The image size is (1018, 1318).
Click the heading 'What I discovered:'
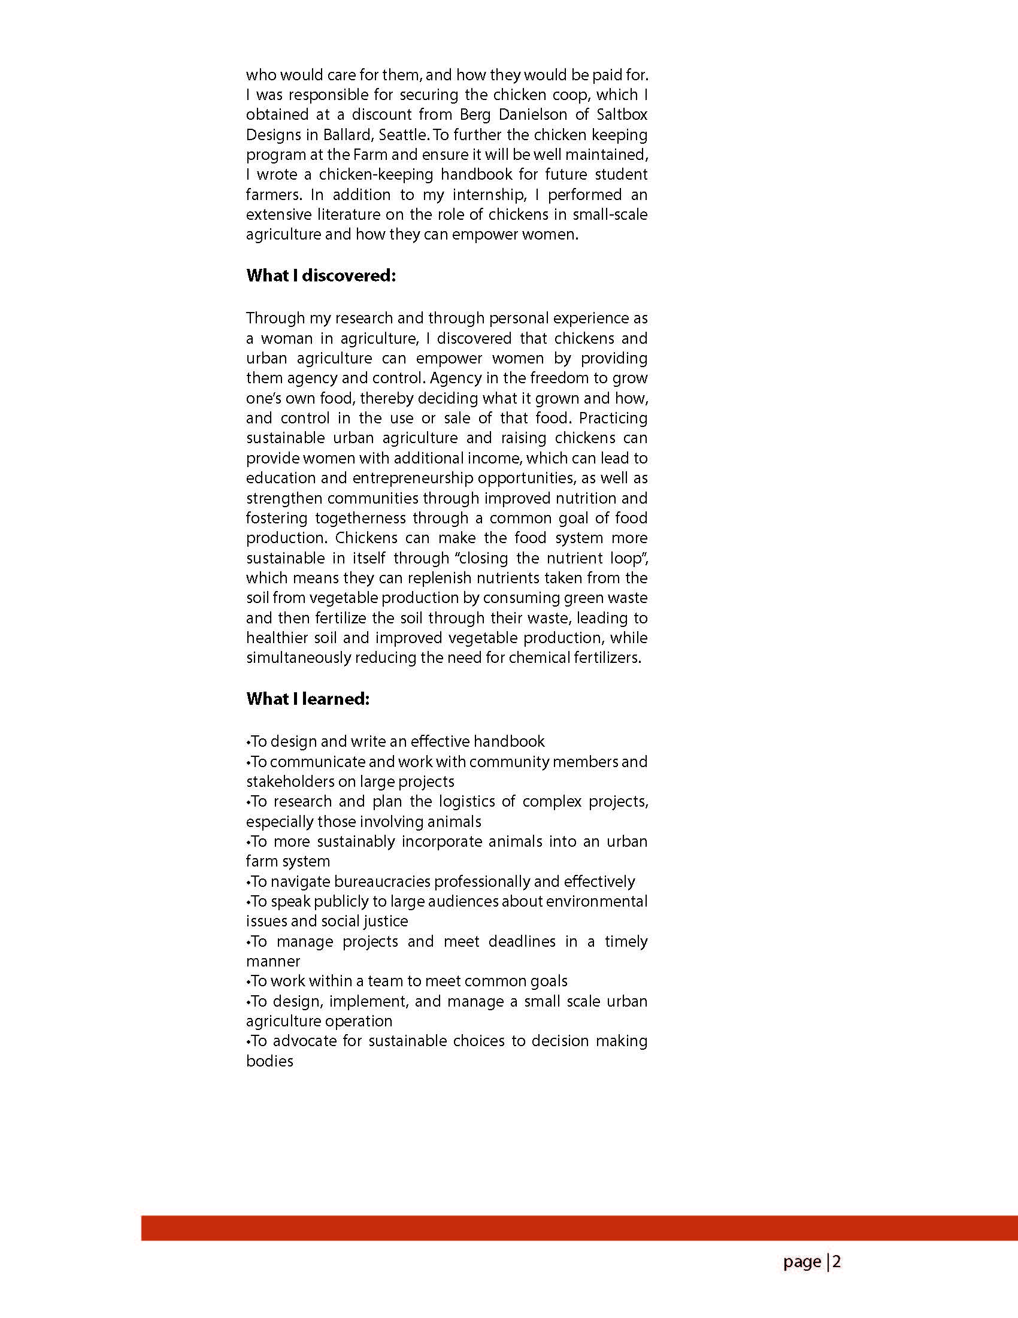click(320, 276)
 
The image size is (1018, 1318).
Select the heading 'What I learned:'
click(307, 699)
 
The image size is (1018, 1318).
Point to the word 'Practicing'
click(613, 417)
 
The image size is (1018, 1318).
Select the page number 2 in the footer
click(837, 1262)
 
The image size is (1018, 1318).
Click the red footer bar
click(579, 1228)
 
